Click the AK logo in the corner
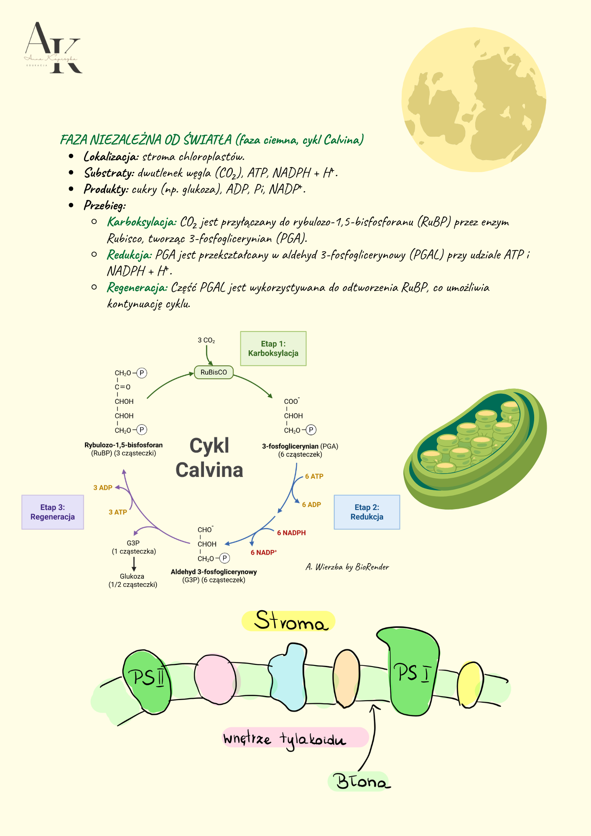(53, 48)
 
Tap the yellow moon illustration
(474, 100)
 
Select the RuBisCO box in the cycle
(214, 372)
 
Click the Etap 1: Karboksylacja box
(273, 349)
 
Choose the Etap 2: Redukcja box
(367, 512)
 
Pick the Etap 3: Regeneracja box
(53, 512)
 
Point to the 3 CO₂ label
(206, 341)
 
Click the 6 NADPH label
(291, 533)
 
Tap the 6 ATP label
(314, 477)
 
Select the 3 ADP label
(103, 488)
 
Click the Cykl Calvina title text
(209, 458)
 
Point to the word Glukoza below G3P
(132, 576)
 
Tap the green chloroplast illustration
(475, 449)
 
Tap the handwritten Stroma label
(289, 621)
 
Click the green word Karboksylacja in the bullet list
(142, 222)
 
